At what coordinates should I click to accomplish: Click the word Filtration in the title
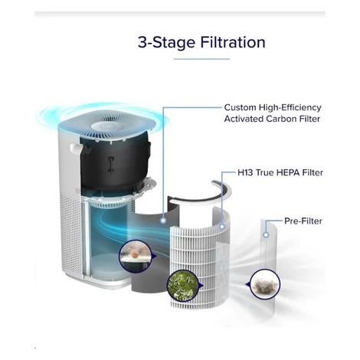pos(233,42)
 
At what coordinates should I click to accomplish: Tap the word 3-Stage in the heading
pos(166,43)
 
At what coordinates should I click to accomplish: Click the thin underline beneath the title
pos(201,59)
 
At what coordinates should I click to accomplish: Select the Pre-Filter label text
pos(303,221)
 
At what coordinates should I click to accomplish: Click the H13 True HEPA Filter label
pos(280,172)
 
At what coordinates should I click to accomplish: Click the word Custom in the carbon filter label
pos(240,107)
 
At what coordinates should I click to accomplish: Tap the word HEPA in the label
pos(288,172)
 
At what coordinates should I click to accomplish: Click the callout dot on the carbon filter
pos(163,221)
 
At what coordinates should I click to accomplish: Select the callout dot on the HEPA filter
pos(222,226)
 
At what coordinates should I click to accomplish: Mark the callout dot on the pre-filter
pos(266,234)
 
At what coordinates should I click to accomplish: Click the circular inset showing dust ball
pos(265,284)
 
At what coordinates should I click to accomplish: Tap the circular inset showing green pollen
pos(183,286)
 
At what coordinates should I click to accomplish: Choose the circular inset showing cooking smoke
pos(136,256)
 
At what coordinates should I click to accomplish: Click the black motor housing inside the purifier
pos(115,163)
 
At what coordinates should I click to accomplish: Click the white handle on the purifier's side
pos(76,149)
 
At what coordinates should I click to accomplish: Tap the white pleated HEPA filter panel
pos(199,258)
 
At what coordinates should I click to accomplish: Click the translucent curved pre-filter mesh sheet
pos(268,268)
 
